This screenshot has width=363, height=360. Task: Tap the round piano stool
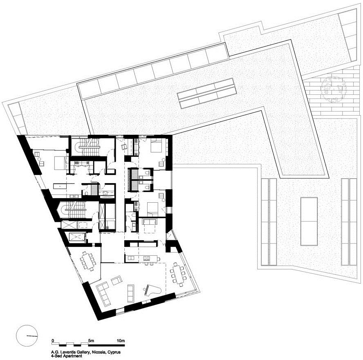pos(145,289)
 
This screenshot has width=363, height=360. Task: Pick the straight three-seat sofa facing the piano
pos(130,293)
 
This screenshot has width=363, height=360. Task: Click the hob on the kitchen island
pos(147,258)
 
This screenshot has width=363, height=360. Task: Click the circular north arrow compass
pos(27,336)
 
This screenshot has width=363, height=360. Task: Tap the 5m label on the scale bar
pos(91,340)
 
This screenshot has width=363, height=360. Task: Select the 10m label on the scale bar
pos(121,340)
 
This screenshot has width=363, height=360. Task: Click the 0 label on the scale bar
pos(53,340)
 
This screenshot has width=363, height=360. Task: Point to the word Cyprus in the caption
pos(114,352)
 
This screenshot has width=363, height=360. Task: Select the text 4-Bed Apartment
pos(67,356)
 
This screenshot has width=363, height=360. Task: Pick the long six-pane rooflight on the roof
pos(207,93)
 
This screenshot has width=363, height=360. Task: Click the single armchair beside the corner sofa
pos(117,280)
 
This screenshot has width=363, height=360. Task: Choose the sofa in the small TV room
pos(150,222)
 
